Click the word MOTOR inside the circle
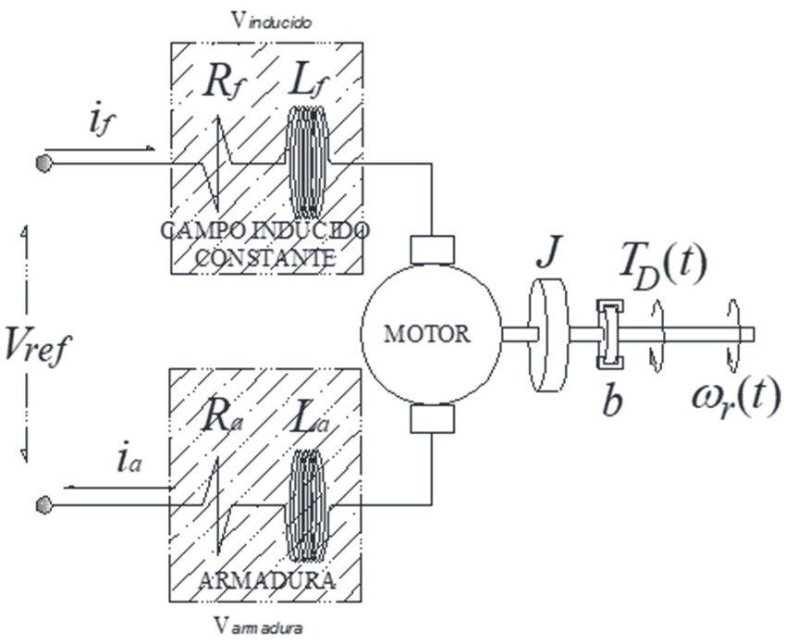click(427, 333)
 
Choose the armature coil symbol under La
click(306, 505)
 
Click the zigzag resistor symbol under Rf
click(217, 164)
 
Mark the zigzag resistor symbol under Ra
click(217, 505)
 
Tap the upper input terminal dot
click(43, 163)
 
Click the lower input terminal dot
click(43, 505)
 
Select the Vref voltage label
click(37, 345)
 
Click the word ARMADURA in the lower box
click(267, 581)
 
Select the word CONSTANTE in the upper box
click(265, 258)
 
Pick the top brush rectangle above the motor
click(432, 250)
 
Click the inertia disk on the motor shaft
click(549, 335)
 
